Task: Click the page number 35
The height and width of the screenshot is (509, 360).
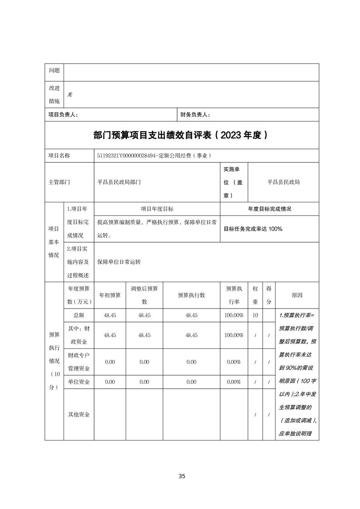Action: [x=182, y=476]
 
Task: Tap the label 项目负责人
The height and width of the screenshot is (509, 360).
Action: [x=63, y=115]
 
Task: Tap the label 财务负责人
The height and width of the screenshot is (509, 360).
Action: [x=195, y=115]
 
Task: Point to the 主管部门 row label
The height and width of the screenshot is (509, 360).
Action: [x=59, y=182]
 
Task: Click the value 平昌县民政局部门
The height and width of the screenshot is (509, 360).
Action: [x=119, y=182]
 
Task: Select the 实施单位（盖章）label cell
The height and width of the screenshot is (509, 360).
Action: [x=233, y=182]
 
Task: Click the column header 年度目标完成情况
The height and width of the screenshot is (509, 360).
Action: [x=269, y=209]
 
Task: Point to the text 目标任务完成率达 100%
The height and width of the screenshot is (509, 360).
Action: [x=253, y=229]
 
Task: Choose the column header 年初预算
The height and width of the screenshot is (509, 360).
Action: [x=110, y=295]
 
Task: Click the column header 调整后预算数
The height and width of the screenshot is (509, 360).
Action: [x=144, y=295]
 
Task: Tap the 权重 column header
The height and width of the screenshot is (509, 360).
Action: [x=256, y=295]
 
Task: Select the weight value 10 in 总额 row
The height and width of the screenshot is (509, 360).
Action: [x=256, y=315]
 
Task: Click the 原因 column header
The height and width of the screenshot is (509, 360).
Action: [x=297, y=295]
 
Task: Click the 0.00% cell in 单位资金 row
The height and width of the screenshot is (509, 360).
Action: [x=233, y=382]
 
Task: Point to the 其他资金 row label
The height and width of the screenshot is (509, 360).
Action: [x=79, y=414]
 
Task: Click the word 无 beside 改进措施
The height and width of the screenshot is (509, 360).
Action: [x=69, y=95]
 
